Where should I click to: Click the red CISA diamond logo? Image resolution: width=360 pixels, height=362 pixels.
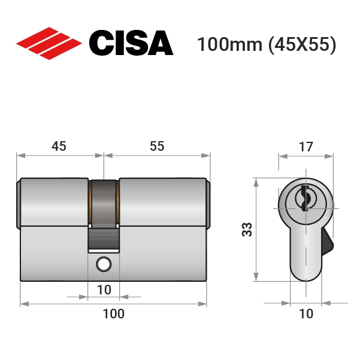point(49,44)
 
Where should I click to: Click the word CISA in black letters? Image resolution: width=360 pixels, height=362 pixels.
point(131,43)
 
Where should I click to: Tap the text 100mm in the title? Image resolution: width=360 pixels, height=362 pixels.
point(230,44)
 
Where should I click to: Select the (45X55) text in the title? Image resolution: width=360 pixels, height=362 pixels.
point(302,44)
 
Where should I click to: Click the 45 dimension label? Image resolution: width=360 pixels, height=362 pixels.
point(59,147)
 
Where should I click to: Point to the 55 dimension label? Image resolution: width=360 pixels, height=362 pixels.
point(157,147)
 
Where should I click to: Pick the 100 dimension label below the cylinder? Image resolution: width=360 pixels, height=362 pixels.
point(113,314)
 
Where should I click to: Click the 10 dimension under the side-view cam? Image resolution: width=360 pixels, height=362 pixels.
point(104,290)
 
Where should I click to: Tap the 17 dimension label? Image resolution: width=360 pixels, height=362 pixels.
point(306,147)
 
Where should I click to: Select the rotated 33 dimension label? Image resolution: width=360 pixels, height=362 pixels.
point(247,229)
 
